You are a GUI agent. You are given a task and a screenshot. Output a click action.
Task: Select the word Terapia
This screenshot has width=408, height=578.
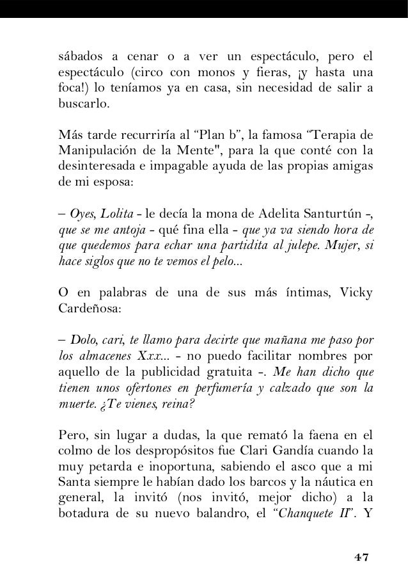336,136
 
